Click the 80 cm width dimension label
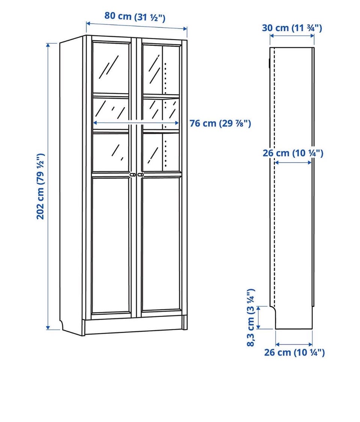(x=135, y=17)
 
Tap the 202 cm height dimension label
(x=40, y=186)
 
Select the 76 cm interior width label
(x=220, y=123)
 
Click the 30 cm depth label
(x=292, y=28)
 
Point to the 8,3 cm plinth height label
(x=250, y=318)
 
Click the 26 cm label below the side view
(x=294, y=352)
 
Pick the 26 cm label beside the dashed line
(x=293, y=153)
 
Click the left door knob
(x=132, y=175)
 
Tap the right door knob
(x=141, y=175)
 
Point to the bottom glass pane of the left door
(x=111, y=152)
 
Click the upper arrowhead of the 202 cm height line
(x=48, y=45)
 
